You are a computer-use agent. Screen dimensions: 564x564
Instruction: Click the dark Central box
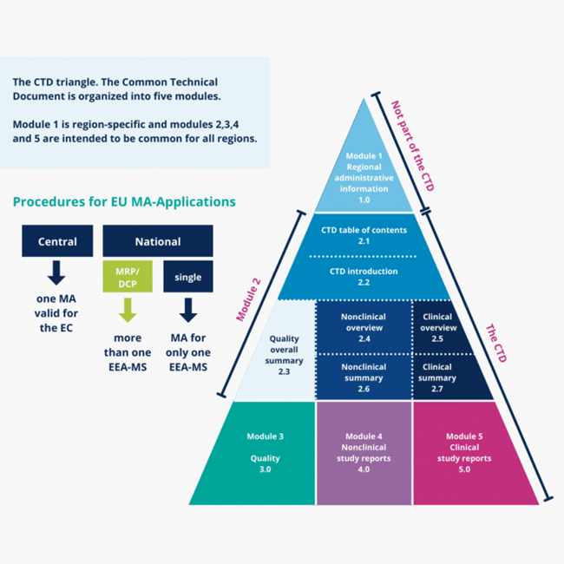coord(56,241)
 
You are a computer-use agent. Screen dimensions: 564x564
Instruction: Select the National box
coord(158,241)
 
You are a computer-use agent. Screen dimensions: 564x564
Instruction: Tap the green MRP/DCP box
coord(127,278)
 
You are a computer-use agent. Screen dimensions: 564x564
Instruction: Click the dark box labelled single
coord(187,278)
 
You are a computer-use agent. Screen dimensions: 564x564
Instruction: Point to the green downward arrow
coord(127,309)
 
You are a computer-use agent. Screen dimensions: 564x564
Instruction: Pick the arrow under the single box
coord(187,309)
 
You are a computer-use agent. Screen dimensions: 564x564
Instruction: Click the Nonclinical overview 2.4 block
coord(363,327)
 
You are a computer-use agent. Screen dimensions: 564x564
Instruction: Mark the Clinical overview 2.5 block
coord(439,327)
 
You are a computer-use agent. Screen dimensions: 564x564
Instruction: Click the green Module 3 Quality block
coord(265,452)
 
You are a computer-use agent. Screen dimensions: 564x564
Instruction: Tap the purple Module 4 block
coord(363,452)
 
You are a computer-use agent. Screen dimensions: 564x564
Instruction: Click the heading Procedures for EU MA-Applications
coord(124,201)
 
